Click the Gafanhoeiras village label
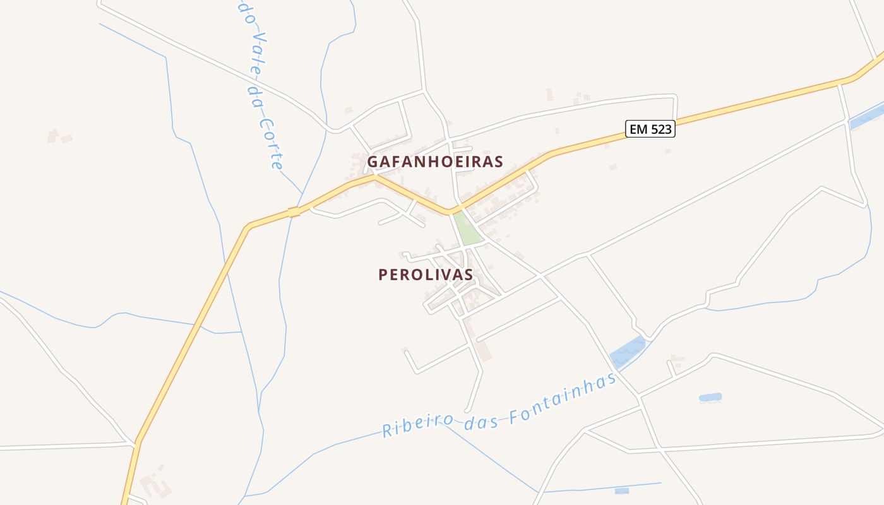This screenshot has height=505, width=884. tap(435, 162)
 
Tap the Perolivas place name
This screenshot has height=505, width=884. tap(426, 275)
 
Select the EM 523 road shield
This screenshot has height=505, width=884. tap(650, 129)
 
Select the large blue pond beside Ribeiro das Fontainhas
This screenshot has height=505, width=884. tap(628, 352)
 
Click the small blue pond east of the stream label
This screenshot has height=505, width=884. tap(710, 398)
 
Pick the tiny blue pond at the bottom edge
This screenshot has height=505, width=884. tap(621, 490)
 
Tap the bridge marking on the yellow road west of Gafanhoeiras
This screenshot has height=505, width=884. tap(294, 212)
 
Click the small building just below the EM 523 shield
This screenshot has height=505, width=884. tap(668, 151)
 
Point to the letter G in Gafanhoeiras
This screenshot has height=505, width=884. tap(373, 162)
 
